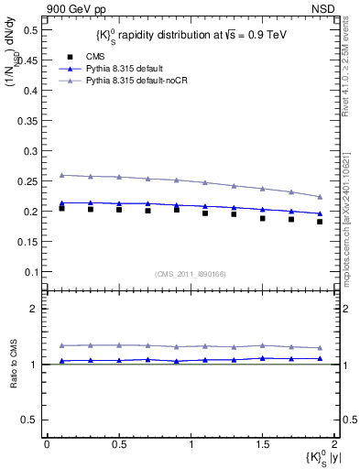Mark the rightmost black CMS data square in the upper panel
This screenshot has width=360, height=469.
(320, 222)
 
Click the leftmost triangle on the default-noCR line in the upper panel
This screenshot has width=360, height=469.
(61, 174)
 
